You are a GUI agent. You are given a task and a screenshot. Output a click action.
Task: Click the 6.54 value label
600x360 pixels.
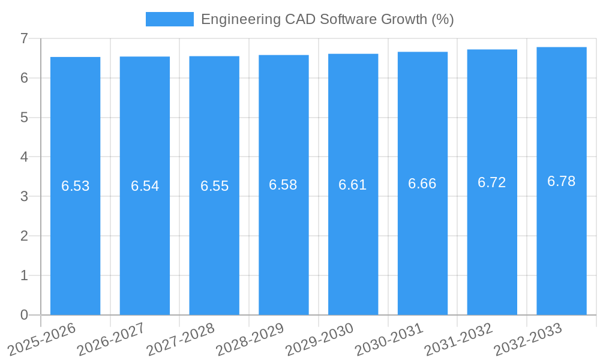(145, 186)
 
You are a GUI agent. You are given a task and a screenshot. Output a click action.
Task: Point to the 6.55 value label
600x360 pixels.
(214, 186)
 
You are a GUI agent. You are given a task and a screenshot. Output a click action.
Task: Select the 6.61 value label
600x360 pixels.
(353, 185)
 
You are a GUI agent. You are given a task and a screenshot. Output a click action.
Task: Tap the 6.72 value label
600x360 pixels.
(492, 182)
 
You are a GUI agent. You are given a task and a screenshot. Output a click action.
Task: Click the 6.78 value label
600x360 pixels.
(562, 181)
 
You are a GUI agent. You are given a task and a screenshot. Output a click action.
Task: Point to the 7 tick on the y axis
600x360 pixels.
(24, 38)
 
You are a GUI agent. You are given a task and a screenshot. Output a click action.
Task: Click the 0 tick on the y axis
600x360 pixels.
(24, 315)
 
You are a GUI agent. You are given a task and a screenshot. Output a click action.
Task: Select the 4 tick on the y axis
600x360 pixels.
(24, 157)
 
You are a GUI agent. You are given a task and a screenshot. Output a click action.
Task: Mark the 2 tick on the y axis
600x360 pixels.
(24, 236)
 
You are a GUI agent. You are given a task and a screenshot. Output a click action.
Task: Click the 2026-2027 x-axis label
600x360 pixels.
(112, 339)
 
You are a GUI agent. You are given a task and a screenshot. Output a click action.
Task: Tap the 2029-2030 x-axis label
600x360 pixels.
(320, 339)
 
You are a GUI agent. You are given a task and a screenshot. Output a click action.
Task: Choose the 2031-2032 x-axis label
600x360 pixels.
(459, 339)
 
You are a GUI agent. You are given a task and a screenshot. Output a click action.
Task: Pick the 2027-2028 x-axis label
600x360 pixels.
(181, 339)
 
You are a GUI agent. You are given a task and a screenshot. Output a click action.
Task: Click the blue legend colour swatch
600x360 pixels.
(170, 19)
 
